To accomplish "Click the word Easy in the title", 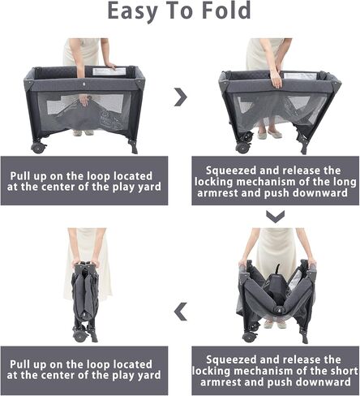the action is tap(132, 11).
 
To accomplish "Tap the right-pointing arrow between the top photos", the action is tap(181, 97).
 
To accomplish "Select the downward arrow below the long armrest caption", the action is tap(276, 217).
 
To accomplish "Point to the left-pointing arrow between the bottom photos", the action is tap(181, 312).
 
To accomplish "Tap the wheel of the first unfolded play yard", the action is tap(38, 148).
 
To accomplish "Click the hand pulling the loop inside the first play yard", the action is tap(84, 100).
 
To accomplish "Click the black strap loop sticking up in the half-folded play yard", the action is tap(276, 269).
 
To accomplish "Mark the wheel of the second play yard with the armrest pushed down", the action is tap(242, 148).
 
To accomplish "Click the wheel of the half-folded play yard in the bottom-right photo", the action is tap(248, 336).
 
